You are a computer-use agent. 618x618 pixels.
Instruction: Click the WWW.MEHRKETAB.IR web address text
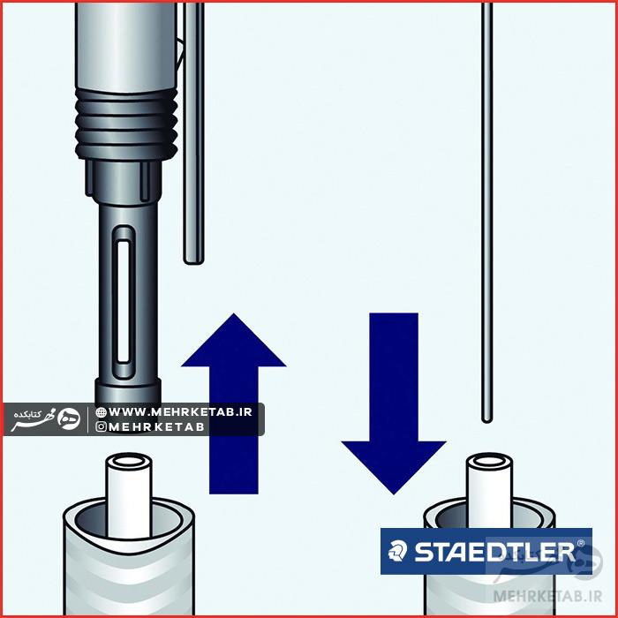coord(181,411)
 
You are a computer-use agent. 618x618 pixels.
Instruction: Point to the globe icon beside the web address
coord(102,411)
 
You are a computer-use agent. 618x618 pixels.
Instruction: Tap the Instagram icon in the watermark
coord(102,426)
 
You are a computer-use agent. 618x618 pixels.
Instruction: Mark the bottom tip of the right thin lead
coord(486,418)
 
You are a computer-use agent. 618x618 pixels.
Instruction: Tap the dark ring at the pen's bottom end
coord(128,389)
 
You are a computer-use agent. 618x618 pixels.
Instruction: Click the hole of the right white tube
coord(488,463)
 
